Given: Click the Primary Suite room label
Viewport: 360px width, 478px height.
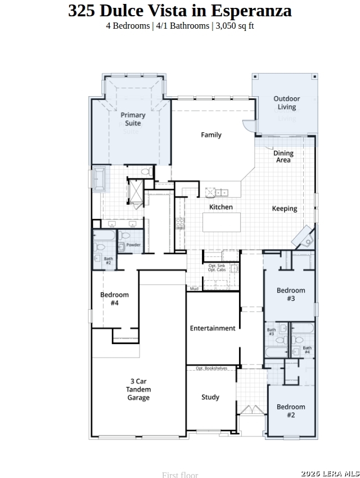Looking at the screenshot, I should (x=133, y=119).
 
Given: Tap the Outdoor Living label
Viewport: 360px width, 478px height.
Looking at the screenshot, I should (x=286, y=103).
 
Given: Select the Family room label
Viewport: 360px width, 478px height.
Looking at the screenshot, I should (x=211, y=135).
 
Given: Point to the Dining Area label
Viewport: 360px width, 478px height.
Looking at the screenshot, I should (x=283, y=156).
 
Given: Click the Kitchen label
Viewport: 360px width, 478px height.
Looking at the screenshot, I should (x=221, y=207).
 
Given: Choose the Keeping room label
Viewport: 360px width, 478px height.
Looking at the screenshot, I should (x=285, y=209).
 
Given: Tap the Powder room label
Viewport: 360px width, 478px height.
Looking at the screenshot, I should (x=133, y=245).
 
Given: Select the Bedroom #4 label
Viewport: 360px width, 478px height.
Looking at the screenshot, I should (x=115, y=299).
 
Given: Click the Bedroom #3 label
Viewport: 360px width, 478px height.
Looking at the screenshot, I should (x=291, y=295).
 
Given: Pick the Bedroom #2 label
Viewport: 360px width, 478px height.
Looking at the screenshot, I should (x=291, y=411).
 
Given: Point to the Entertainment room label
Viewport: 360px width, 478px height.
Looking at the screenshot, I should (x=213, y=328).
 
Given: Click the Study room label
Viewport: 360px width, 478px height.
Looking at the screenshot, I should (x=210, y=397).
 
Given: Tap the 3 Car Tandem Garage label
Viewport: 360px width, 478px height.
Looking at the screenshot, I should (x=138, y=389).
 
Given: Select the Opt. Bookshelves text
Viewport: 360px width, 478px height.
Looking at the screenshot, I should (x=211, y=368).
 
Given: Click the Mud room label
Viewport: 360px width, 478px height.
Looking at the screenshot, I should (x=193, y=289).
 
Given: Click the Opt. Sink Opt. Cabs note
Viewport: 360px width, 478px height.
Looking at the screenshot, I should (x=217, y=268).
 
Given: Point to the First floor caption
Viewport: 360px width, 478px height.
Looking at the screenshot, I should (x=180, y=475).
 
